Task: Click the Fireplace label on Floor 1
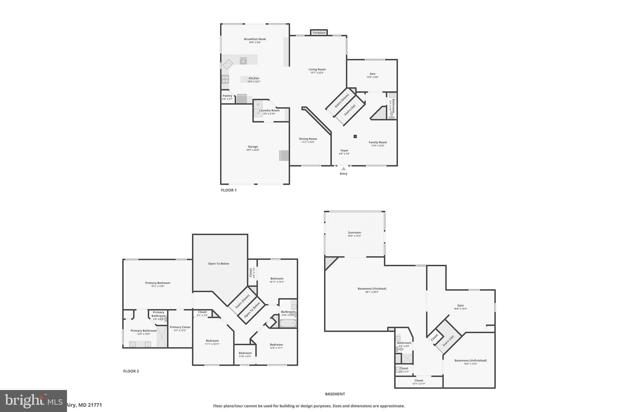coord(319,33)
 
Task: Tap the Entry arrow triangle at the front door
coord(343,169)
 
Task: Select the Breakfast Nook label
coord(255,39)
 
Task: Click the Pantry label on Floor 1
coord(228,96)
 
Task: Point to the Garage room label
coord(253,147)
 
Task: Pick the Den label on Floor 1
coord(373,74)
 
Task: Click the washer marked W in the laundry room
coord(258,105)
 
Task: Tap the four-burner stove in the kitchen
coord(225,79)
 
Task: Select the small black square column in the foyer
coord(355,136)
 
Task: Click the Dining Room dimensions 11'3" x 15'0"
coord(308,142)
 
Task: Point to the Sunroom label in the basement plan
coord(354,232)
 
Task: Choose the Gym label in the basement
coord(460,305)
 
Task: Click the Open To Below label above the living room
coord(218,263)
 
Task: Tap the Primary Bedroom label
coord(158,283)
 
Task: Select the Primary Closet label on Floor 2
coord(180,327)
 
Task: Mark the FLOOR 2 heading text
coord(131,371)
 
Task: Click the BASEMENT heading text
coord(335,394)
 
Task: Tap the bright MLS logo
coord(33,401)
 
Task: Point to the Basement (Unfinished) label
coord(470,360)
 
